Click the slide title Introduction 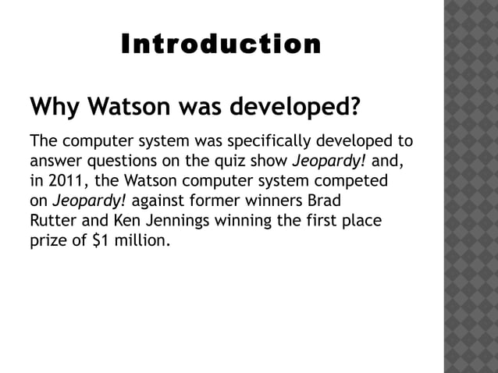click(221, 44)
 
